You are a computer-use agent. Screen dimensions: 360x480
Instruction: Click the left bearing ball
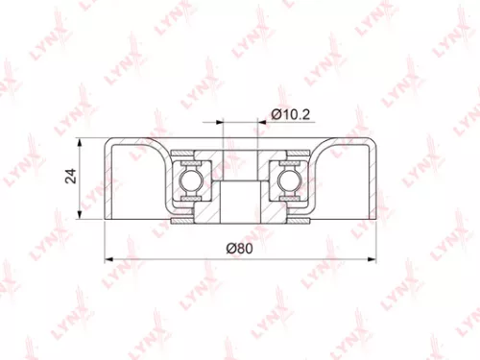pos(189,179)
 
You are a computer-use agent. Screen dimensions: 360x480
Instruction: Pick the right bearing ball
pos(290,179)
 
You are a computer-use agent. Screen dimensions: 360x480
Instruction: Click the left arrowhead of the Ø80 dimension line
pos(108,257)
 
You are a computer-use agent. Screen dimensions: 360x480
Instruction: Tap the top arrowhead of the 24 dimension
pos(86,140)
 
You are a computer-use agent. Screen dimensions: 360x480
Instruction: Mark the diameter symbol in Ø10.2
pos(276,114)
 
